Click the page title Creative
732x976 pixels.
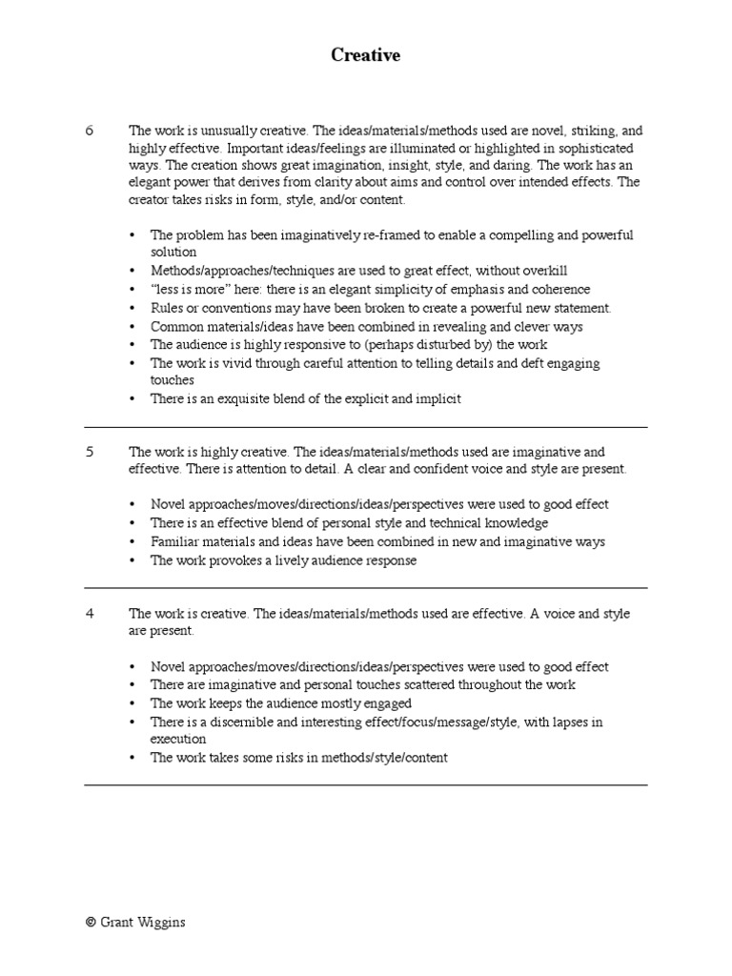click(x=366, y=55)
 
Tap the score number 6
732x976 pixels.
click(x=90, y=131)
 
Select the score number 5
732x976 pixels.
click(x=90, y=452)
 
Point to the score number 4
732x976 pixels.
click(x=90, y=614)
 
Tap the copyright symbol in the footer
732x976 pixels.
click(x=90, y=923)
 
